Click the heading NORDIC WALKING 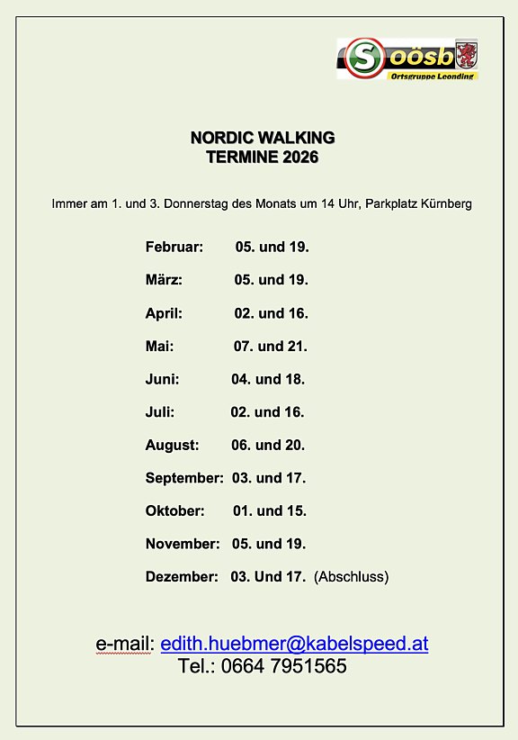point(263,138)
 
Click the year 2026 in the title point(300,158)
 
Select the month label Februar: point(174,247)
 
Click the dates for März point(272,280)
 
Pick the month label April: point(164,313)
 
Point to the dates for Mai point(271,346)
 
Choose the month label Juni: point(162,379)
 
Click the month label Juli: point(160,412)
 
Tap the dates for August point(268,445)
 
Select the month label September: point(184,478)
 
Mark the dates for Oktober point(270,510)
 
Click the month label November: point(183,544)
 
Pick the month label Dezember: point(182,576)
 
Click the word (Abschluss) point(352,576)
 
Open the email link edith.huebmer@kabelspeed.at point(294,644)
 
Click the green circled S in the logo point(364,59)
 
